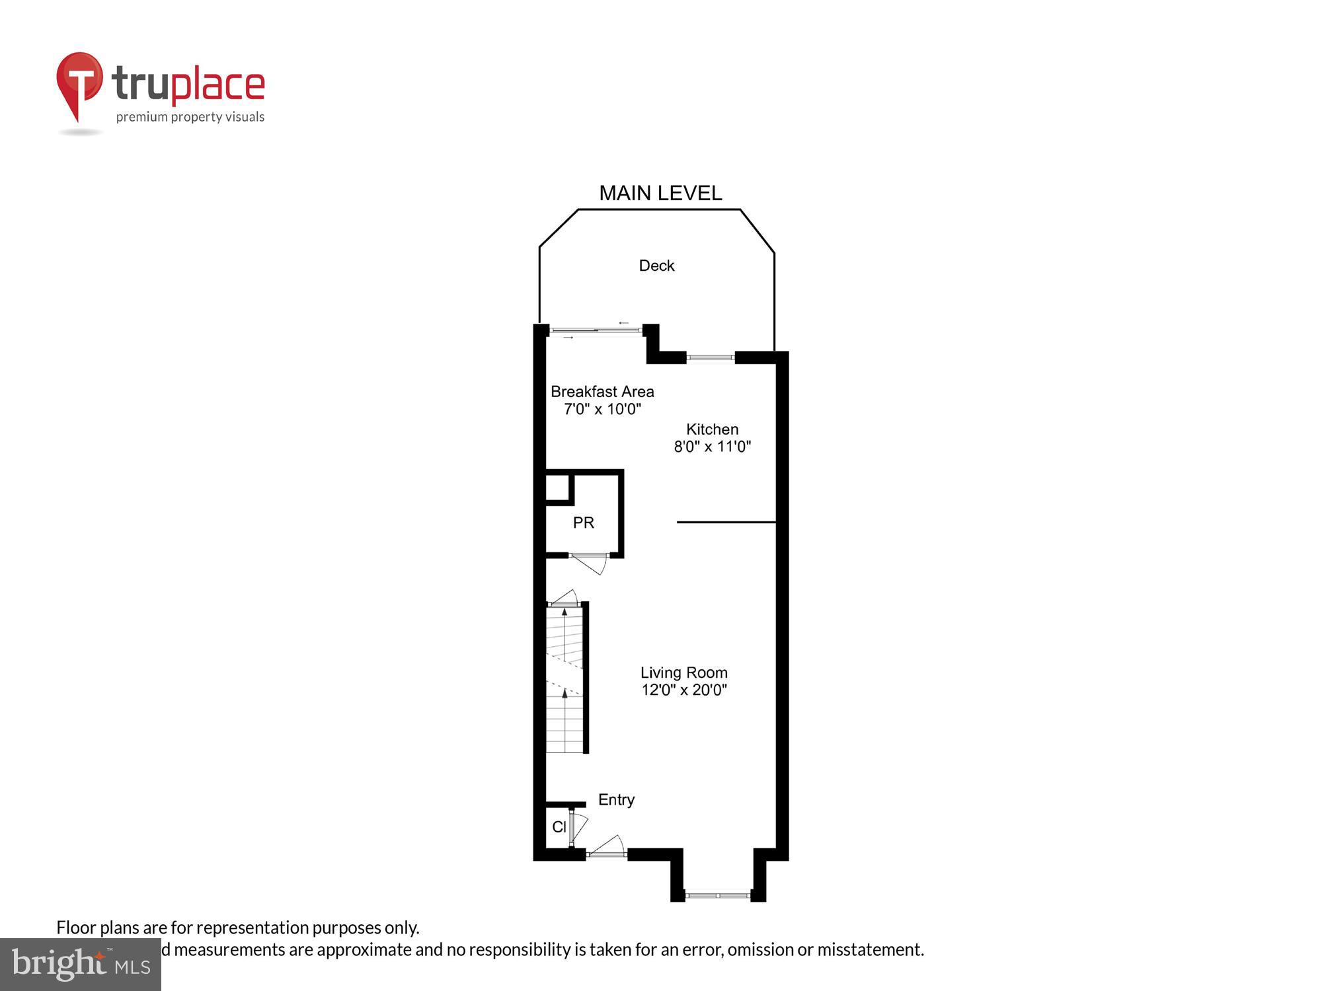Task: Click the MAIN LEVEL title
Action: (x=660, y=193)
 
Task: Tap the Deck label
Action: (x=656, y=266)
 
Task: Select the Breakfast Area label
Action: (x=602, y=392)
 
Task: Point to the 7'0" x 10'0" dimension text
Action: (x=602, y=409)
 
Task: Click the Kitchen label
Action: (x=712, y=429)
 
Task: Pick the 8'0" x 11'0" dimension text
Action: (x=712, y=447)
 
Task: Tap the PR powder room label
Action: (x=583, y=523)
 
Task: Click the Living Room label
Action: (x=683, y=673)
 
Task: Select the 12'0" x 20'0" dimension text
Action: (x=683, y=690)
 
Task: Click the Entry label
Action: (x=616, y=799)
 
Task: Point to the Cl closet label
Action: (x=559, y=826)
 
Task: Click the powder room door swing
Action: (x=590, y=563)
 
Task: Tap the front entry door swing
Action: (x=608, y=846)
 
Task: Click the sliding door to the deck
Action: (x=596, y=330)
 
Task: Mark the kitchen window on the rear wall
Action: (x=711, y=358)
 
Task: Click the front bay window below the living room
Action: (x=717, y=895)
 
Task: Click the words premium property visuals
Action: (x=190, y=117)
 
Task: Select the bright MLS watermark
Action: (x=81, y=965)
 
